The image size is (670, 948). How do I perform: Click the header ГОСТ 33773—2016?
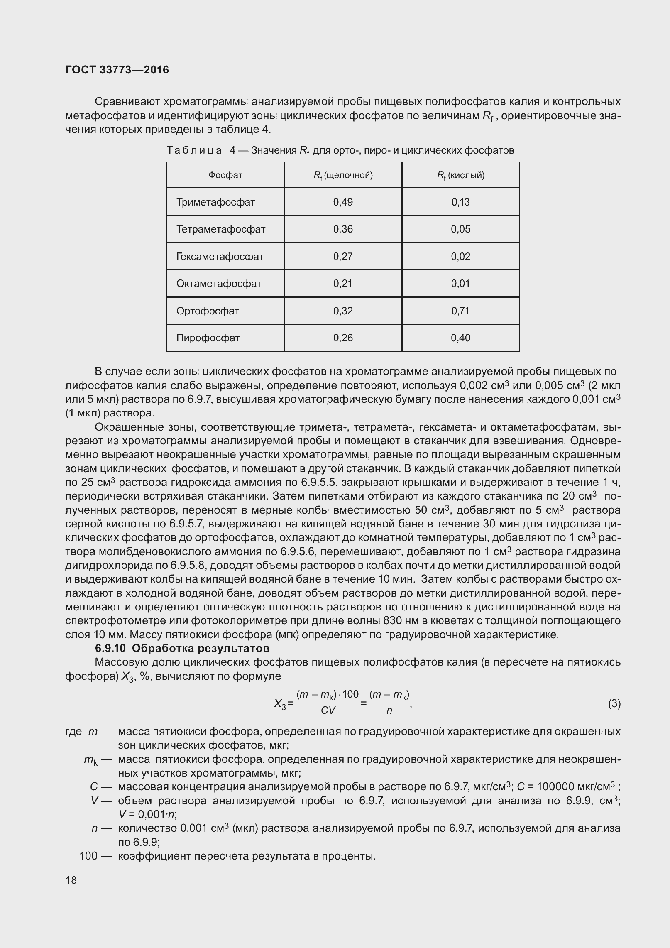(117, 70)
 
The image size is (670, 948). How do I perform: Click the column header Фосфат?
(225, 175)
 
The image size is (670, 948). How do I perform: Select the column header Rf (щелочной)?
(343, 175)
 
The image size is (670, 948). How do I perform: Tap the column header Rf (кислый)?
(460, 175)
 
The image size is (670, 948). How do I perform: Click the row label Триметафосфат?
(215, 202)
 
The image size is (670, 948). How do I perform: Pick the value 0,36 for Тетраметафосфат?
(343, 229)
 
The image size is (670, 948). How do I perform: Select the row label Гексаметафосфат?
(220, 257)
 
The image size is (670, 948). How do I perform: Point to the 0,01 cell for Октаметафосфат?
(460, 284)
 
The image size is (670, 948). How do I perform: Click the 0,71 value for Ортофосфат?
(460, 311)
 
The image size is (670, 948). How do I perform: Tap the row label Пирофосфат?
(208, 338)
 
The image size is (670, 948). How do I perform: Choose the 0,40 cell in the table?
(460, 338)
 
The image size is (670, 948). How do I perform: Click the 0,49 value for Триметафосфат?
(343, 202)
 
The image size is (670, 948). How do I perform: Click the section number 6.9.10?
(112, 648)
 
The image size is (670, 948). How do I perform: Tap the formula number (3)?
(614, 704)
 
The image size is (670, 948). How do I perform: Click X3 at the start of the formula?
(280, 704)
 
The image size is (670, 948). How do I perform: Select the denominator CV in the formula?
(328, 711)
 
